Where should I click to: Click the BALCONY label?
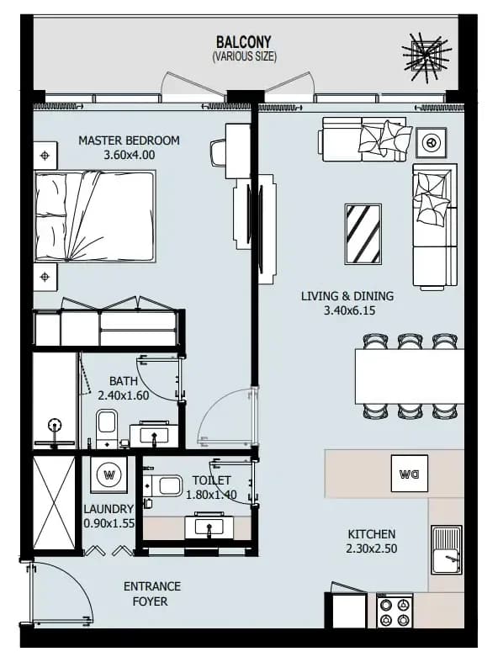[x=243, y=42]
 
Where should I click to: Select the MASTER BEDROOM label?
[x=129, y=140]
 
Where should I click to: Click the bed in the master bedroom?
[x=95, y=216]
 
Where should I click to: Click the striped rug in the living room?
[x=363, y=234]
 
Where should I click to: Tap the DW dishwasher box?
[x=409, y=473]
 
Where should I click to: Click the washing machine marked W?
[x=109, y=474]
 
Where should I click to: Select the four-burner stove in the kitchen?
[x=395, y=611]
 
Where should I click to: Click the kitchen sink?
[x=448, y=549]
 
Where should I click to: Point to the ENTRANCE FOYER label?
[x=152, y=594]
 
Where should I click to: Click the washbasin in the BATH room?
[x=154, y=436]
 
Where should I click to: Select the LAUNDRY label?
[x=109, y=509]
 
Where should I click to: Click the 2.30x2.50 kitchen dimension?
[x=372, y=548]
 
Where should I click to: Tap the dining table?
[x=409, y=376]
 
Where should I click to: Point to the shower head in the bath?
[x=55, y=427]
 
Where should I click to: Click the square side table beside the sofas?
[x=431, y=143]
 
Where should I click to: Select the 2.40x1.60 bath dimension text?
[x=123, y=395]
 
